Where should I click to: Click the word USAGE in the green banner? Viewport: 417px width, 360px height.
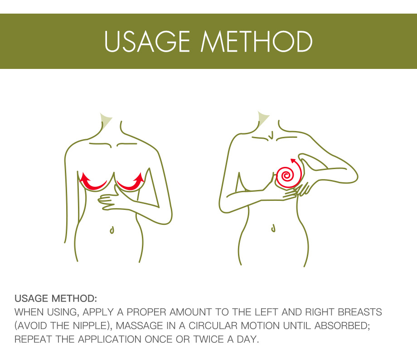(x=147, y=41)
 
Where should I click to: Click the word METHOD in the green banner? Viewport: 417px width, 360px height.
(x=257, y=41)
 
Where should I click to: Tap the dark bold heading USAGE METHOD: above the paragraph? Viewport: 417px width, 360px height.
(x=56, y=298)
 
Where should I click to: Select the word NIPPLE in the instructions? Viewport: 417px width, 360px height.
(x=90, y=326)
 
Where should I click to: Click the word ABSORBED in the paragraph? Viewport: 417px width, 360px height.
(x=342, y=326)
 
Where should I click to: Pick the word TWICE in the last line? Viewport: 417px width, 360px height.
(x=208, y=339)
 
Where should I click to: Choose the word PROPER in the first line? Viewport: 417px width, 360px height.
(x=146, y=312)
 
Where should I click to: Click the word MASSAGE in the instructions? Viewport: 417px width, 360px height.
(x=140, y=326)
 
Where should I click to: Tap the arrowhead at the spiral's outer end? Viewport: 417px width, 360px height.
(x=293, y=161)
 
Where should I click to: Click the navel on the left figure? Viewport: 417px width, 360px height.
(x=112, y=230)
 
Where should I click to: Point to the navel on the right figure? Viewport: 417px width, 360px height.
(x=273, y=228)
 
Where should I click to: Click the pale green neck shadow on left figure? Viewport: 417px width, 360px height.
(x=105, y=120)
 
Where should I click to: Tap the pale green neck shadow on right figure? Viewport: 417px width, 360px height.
(x=262, y=119)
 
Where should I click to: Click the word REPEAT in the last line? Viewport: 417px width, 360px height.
(x=33, y=339)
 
